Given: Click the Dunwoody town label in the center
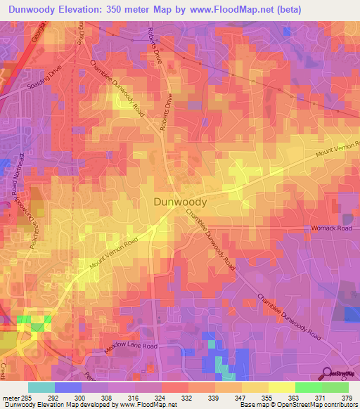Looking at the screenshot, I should [x=180, y=202].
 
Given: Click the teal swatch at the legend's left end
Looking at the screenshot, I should [x=41, y=387].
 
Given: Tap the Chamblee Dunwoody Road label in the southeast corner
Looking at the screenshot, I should [x=288, y=316].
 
